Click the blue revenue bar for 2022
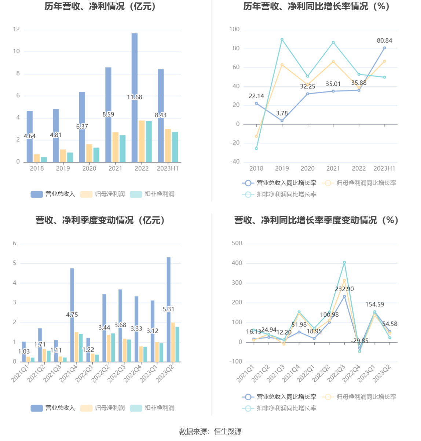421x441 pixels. [135, 73]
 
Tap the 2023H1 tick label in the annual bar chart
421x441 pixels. [168, 168]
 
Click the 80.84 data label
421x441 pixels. [384, 41]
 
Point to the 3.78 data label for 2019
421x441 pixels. [282, 113]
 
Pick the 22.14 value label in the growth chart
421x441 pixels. [256, 96]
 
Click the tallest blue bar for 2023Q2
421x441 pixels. [169, 286]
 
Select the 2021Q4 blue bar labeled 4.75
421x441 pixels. [72, 294]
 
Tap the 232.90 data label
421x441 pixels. [344, 289]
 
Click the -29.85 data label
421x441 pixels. [359, 341]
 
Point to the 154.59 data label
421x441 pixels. [374, 305]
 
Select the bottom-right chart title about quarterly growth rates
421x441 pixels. [316, 220]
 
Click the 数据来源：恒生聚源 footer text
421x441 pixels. [210, 431]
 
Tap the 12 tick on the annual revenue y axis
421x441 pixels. [16, 29]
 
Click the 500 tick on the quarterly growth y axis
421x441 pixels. [237, 243]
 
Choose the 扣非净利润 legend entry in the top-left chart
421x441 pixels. [153, 194]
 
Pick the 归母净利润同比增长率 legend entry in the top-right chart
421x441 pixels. [360, 183]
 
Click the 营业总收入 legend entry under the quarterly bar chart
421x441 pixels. [53, 408]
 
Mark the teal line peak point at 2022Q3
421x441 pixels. [344, 263]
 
